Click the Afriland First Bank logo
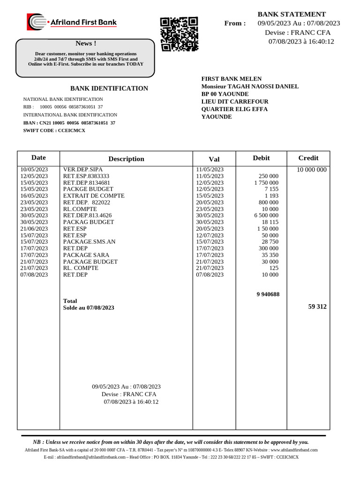pyautogui.click(x=72, y=22)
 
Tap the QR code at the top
pyautogui.click(x=179, y=34)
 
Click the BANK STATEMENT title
pyautogui.click(x=292, y=14)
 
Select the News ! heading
pyautogui.click(x=84, y=44)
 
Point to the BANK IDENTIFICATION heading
pyautogui.click(x=109, y=88)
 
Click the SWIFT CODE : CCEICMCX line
pyautogui.click(x=54, y=130)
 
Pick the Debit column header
pyautogui.click(x=261, y=158)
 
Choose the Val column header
pyautogui.click(x=214, y=159)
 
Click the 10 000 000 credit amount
pyautogui.click(x=312, y=170)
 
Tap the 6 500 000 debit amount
pyautogui.click(x=266, y=216)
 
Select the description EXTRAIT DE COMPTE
pyautogui.click(x=94, y=195)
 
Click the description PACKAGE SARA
pyautogui.click(x=86, y=255)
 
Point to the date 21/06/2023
pyautogui.click(x=34, y=229)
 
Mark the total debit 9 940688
pyautogui.click(x=268, y=294)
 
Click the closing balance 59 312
pyautogui.click(x=317, y=307)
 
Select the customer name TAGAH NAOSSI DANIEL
pyautogui.click(x=263, y=86)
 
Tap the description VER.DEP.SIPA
pyautogui.click(x=83, y=169)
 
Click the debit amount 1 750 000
pyautogui.click(x=266, y=183)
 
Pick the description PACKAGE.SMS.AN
pyautogui.click(x=89, y=242)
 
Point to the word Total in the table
pyautogui.click(x=70, y=301)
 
